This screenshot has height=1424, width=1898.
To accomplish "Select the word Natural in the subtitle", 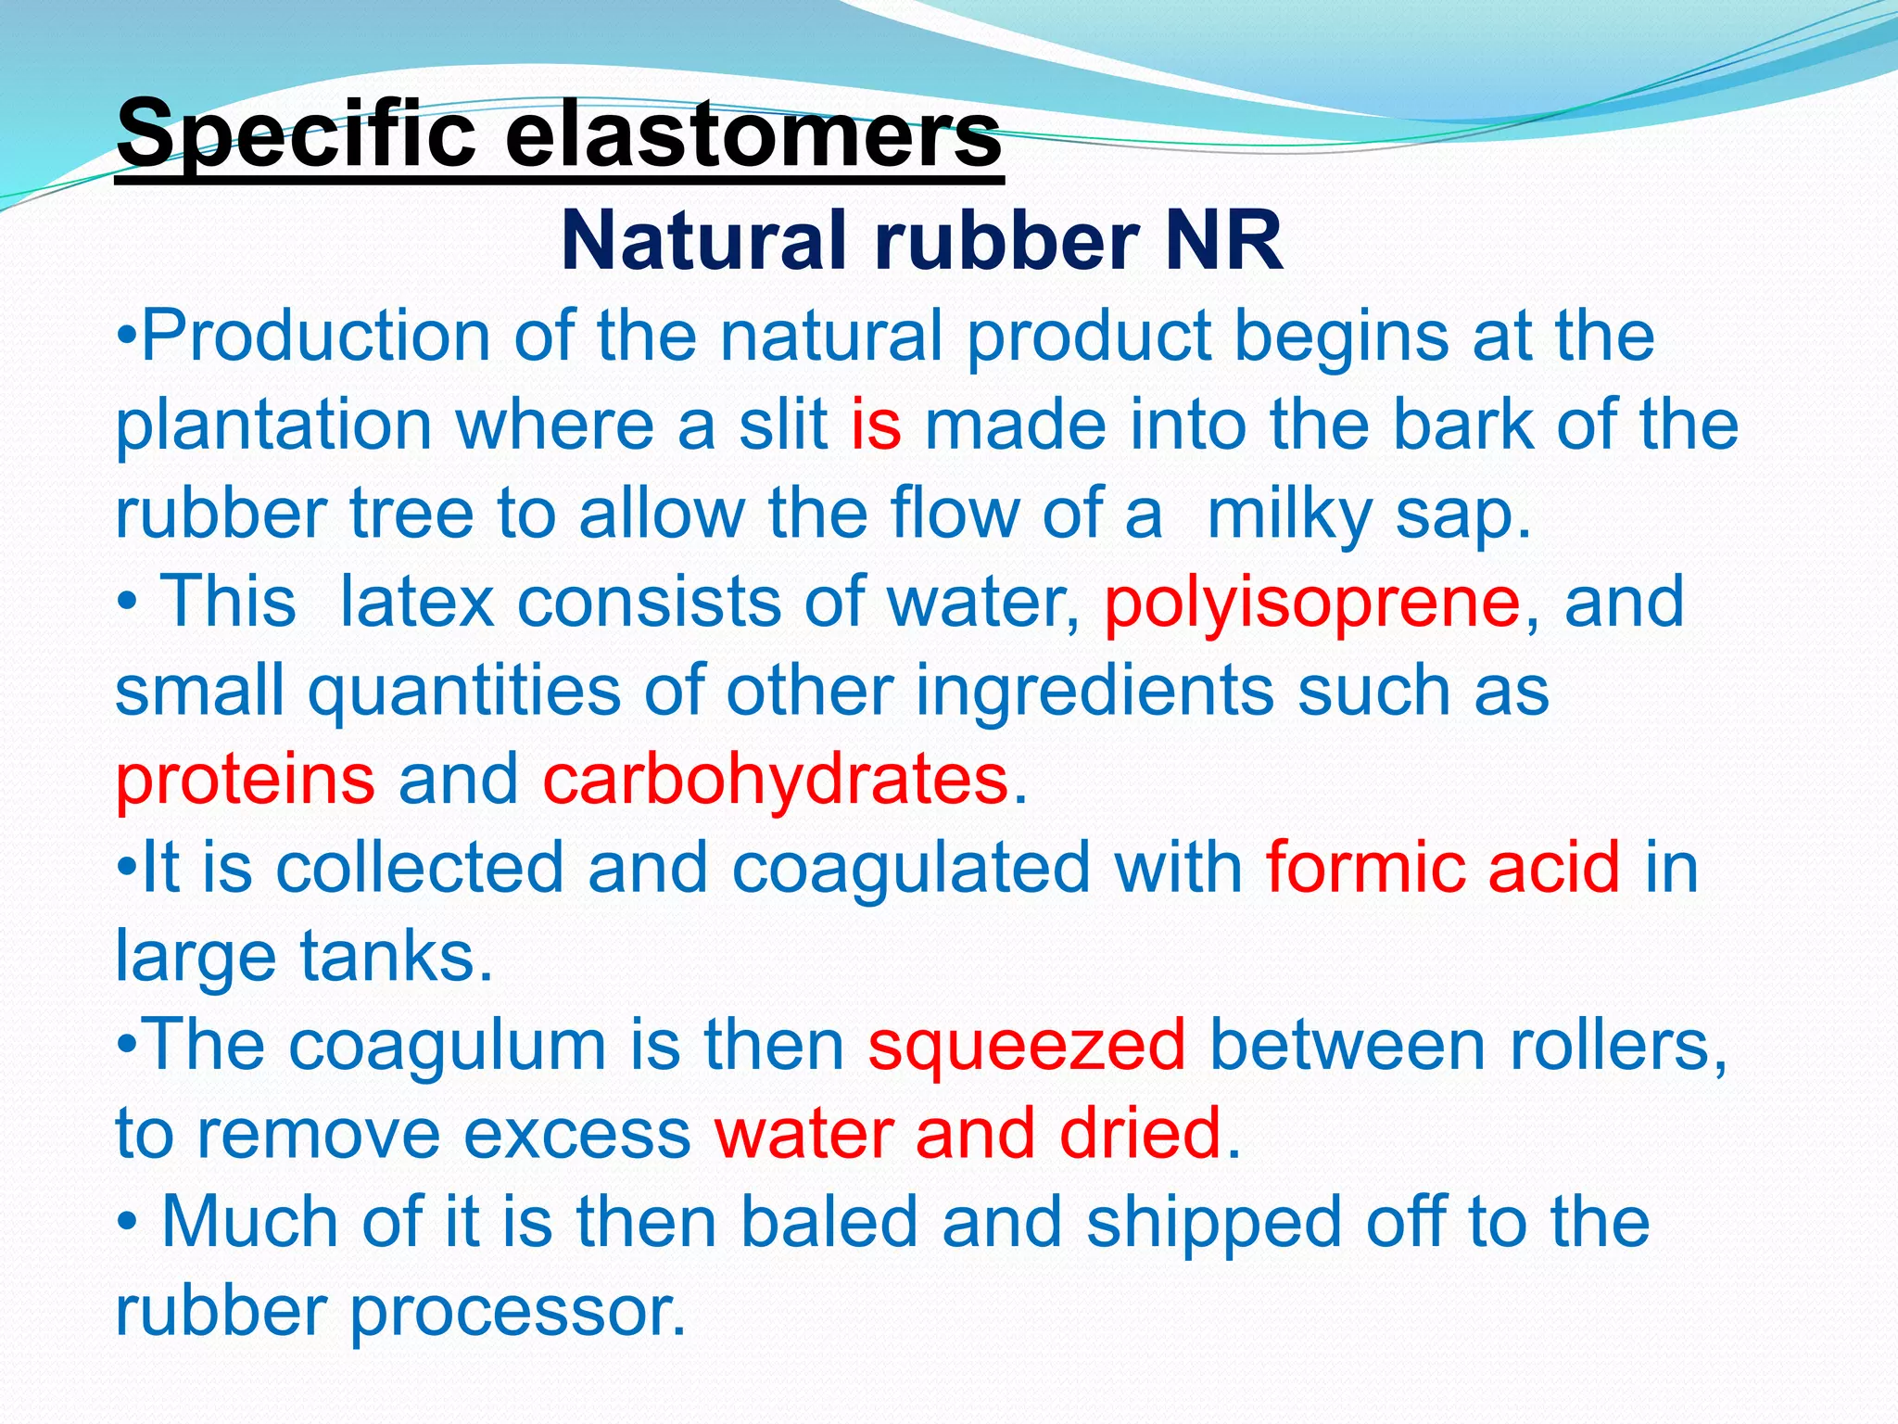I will [704, 241].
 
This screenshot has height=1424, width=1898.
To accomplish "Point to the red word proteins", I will [245, 779].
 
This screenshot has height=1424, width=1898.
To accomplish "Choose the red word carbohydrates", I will [775, 779].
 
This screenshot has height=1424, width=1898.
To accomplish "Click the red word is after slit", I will [876, 425].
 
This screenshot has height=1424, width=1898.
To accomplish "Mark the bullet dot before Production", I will [127, 336].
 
